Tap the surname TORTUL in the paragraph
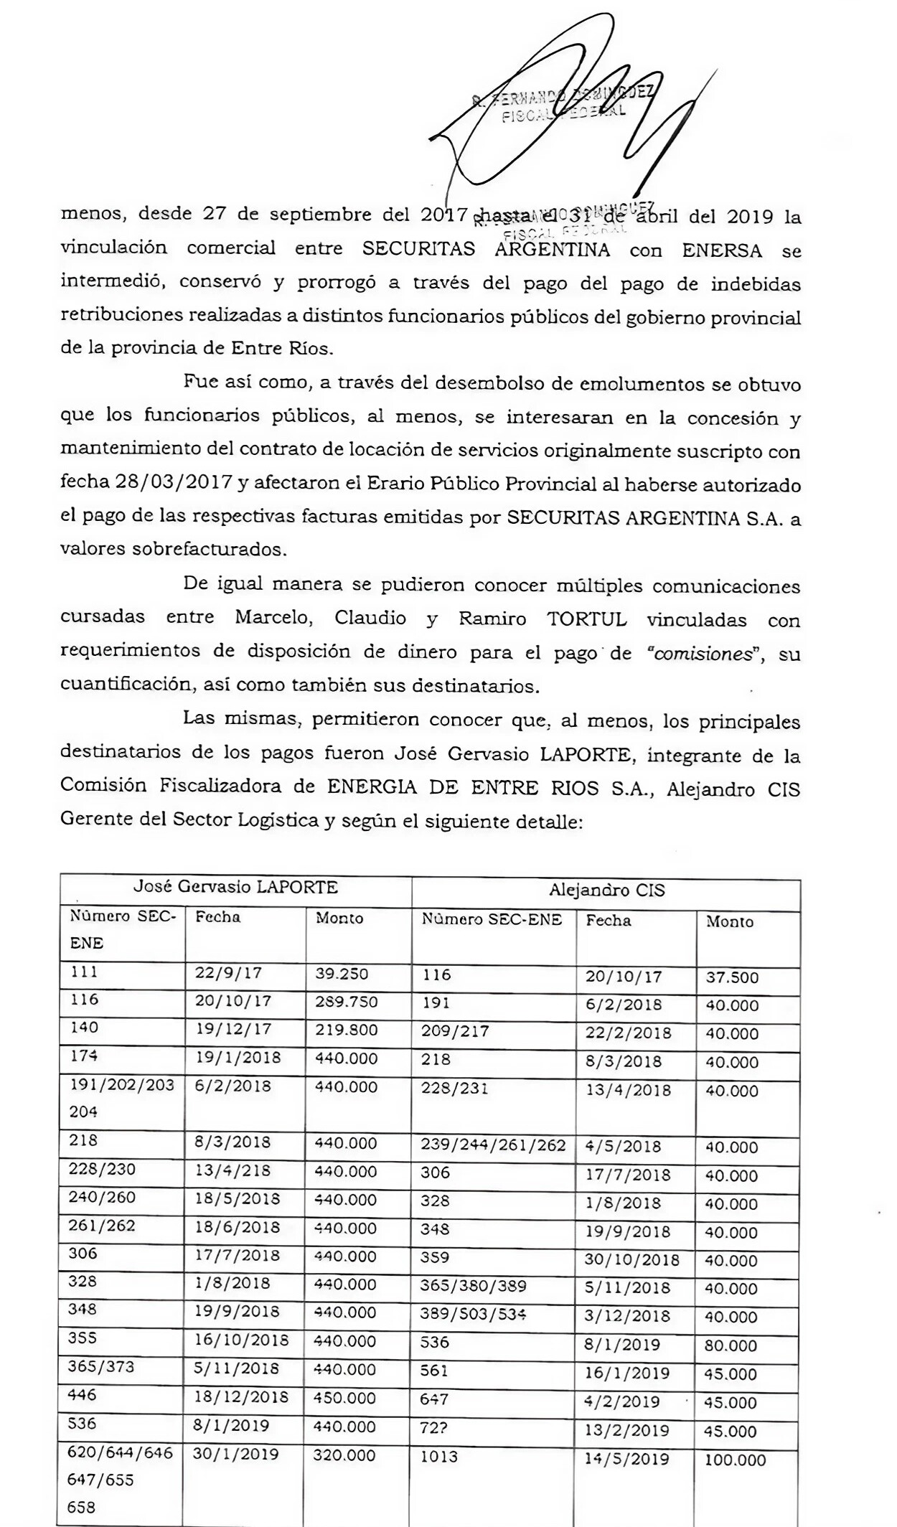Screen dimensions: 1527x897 (x=586, y=619)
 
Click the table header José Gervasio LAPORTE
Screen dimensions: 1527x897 (x=235, y=887)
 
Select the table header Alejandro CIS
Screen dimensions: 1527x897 (x=606, y=891)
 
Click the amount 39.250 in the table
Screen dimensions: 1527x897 (x=342, y=974)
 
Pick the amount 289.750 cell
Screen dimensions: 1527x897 (x=346, y=1002)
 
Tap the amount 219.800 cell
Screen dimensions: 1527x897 (x=346, y=1030)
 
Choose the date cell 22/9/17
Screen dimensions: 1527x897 (x=228, y=973)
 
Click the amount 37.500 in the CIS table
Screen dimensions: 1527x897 (x=731, y=977)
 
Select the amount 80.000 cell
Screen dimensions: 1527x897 (x=731, y=1345)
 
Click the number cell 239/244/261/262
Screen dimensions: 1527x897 (x=493, y=1145)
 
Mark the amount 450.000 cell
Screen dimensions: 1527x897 (x=345, y=1398)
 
